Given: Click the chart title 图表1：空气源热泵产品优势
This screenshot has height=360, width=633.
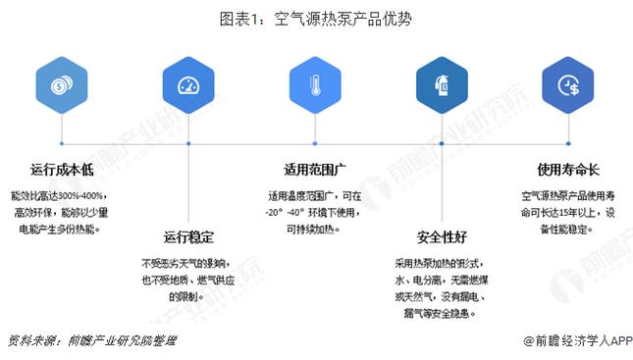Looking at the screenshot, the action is [316, 18].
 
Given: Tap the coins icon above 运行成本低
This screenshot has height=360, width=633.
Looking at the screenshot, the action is [58, 86].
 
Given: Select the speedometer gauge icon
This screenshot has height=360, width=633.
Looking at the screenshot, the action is [186, 86].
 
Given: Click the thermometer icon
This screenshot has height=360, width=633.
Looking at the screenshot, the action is [313, 86].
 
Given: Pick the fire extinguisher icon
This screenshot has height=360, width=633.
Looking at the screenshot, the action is [441, 86].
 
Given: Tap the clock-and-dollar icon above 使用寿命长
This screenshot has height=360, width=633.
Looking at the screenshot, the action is [568, 86].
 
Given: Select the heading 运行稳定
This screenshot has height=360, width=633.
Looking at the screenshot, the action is [186, 237].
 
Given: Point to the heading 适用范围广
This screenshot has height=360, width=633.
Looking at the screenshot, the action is [313, 169].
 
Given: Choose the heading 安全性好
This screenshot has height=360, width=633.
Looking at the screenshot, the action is [441, 237].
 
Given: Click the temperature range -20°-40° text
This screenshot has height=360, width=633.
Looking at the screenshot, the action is [291, 212].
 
